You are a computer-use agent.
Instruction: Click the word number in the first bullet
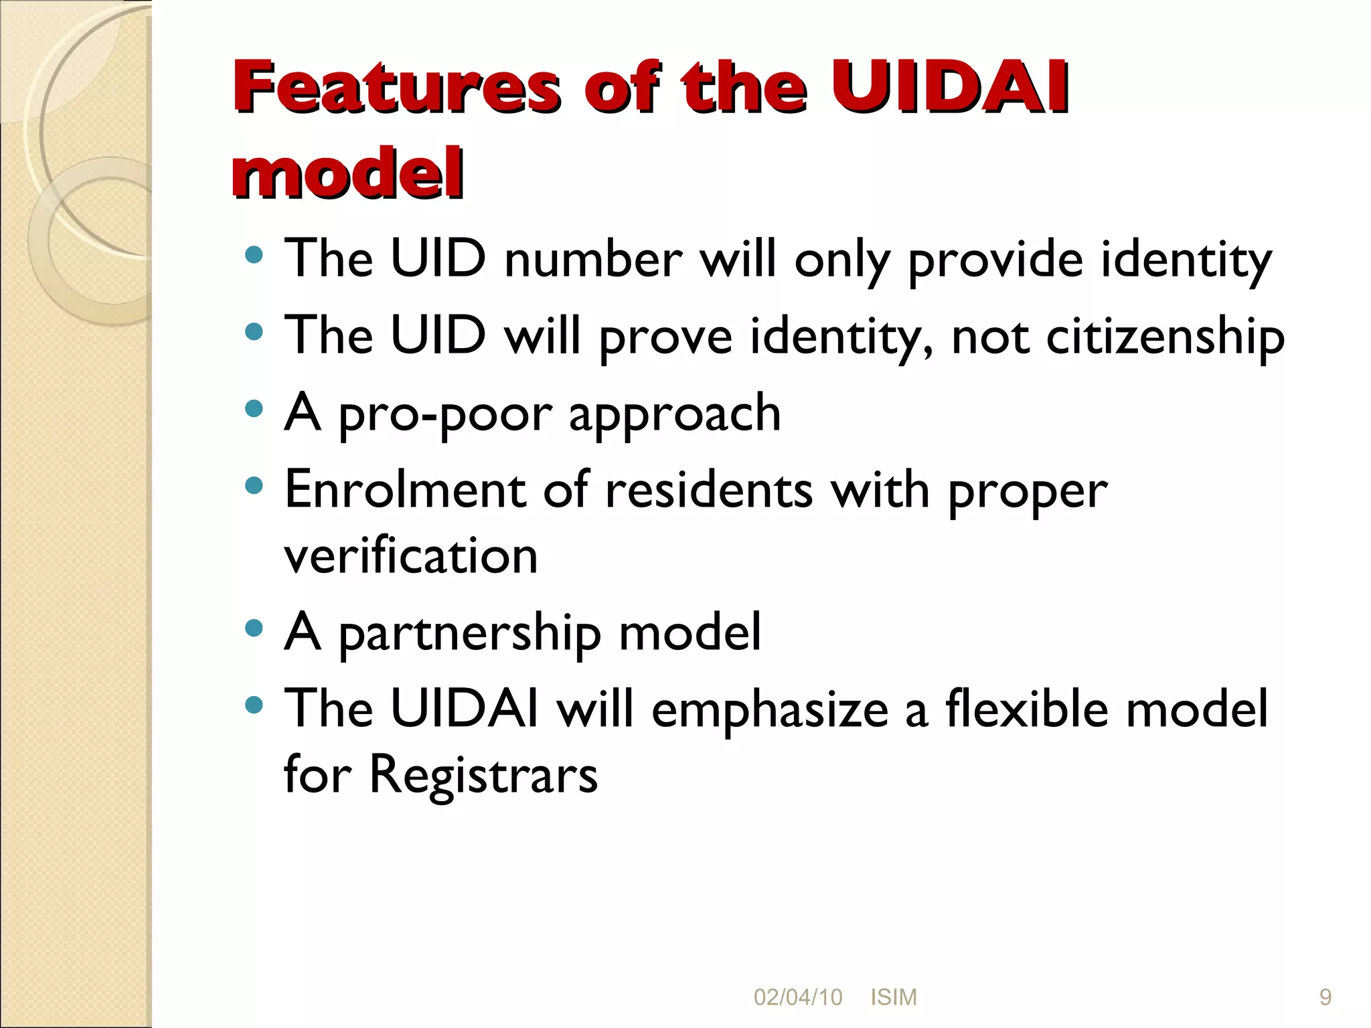pos(593,260)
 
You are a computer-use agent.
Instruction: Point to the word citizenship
pos(1165,336)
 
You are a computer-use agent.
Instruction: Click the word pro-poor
pos(445,414)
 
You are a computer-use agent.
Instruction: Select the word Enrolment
pos(404,490)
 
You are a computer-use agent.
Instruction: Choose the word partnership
pos(470,632)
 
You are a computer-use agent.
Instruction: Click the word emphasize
pos(769,709)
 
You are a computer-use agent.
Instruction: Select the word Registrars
pos(483,775)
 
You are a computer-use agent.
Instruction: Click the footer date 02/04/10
pos(797,997)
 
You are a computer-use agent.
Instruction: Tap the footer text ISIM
pos(893,997)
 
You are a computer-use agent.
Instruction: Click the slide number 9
pos(1325,997)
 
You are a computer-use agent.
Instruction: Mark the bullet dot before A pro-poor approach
pos(254,408)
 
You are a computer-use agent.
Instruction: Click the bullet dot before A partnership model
pos(254,628)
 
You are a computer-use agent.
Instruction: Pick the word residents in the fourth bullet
pos(709,490)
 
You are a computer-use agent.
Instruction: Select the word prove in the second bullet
pos(665,337)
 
